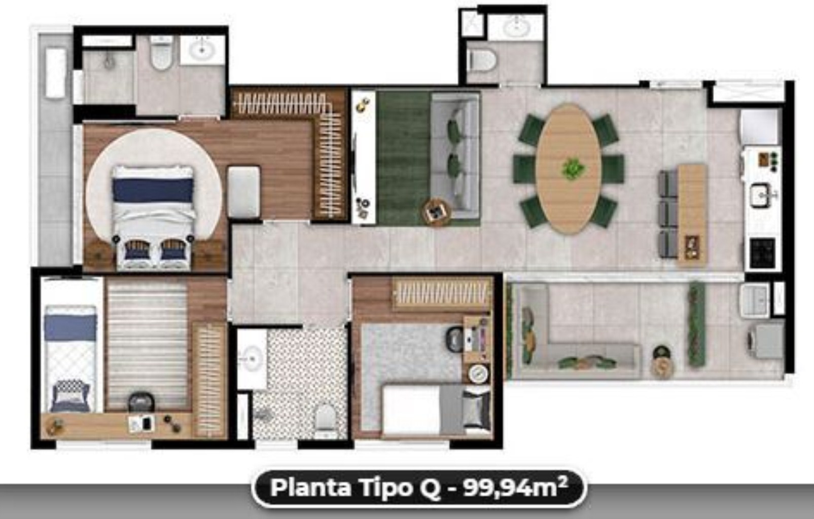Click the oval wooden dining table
pyautogui.click(x=569, y=169)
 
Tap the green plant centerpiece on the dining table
pyautogui.click(x=573, y=169)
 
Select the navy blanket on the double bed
pyautogui.click(x=153, y=190)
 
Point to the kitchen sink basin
pyautogui.click(x=761, y=196)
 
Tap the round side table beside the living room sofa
pyautogui.click(x=436, y=212)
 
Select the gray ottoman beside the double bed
pyautogui.click(x=243, y=192)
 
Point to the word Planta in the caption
pyautogui.click(x=311, y=488)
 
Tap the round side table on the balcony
pyautogui.click(x=662, y=367)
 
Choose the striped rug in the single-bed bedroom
pyautogui.click(x=147, y=345)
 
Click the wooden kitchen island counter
pyautogui.click(x=692, y=215)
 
